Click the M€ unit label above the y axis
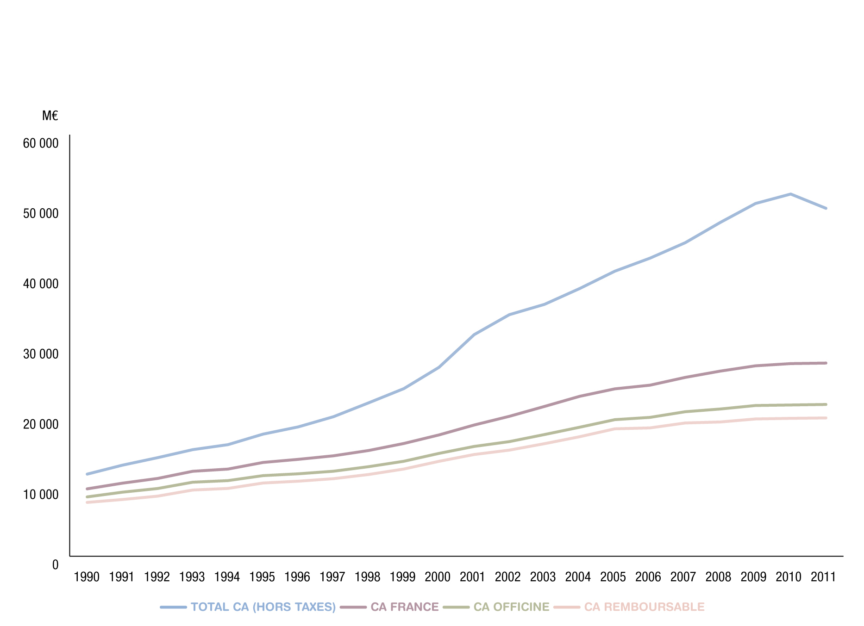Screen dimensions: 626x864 click(50, 116)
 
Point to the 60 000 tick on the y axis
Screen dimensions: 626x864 click(41, 143)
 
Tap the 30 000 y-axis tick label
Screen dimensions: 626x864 click(41, 354)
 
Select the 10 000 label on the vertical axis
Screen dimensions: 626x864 click(41, 495)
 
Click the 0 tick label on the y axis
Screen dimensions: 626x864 click(56, 565)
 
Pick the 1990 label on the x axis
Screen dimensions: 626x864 click(87, 577)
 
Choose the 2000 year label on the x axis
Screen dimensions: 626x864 click(438, 577)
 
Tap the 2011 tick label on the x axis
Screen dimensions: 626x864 click(823, 577)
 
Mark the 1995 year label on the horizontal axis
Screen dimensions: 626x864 click(262, 577)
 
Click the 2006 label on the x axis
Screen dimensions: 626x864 click(648, 577)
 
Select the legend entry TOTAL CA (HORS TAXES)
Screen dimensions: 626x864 click(263, 607)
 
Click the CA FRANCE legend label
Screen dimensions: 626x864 click(404, 607)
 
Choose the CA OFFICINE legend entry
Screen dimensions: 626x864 click(511, 607)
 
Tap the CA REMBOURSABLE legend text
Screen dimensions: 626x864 click(644, 607)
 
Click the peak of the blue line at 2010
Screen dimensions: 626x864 click(790, 194)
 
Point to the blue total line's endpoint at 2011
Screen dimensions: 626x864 click(826, 208)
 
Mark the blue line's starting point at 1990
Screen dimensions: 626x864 click(87, 474)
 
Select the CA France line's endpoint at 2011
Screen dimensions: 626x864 click(826, 363)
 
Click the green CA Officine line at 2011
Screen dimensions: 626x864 click(826, 404)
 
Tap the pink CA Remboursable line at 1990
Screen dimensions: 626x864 click(87, 502)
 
